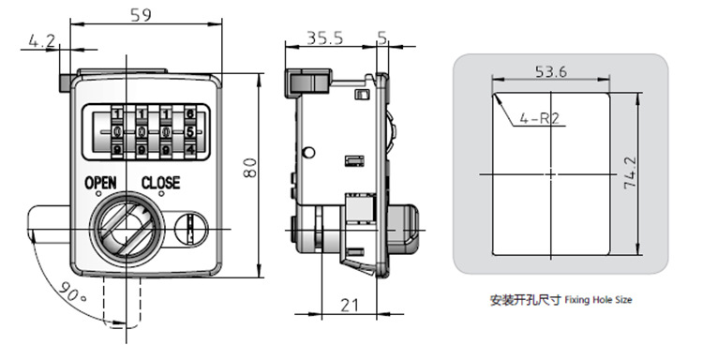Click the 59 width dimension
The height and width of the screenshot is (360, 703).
coord(142,15)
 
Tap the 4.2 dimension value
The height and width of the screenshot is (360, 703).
coord(41,41)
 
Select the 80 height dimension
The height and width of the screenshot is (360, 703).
coord(250,168)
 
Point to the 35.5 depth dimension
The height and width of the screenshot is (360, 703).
coord(324,38)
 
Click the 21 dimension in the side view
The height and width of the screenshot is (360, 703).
coord(351,306)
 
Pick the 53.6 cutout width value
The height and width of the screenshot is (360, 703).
coord(551,71)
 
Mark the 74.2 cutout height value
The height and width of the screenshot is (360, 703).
coord(630,172)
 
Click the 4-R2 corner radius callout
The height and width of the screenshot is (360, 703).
coord(539,118)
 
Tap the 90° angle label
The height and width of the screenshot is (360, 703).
coord(72,292)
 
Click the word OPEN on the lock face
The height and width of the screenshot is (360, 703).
coord(101,183)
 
